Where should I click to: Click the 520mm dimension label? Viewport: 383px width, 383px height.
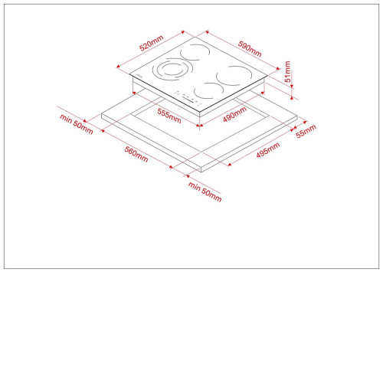click(152, 43)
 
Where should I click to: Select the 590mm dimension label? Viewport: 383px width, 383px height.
click(250, 49)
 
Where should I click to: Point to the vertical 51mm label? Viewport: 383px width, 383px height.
click(287, 71)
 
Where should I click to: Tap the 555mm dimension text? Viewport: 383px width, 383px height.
click(169, 116)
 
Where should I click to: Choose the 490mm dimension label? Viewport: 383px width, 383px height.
click(234, 114)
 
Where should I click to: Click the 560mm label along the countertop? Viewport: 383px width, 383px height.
click(136, 154)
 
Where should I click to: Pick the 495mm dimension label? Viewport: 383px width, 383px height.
click(268, 150)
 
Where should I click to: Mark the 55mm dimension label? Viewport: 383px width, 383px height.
click(306, 131)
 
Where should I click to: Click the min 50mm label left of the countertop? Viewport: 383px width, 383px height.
click(77, 124)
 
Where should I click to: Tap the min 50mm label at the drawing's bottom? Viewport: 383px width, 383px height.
click(205, 191)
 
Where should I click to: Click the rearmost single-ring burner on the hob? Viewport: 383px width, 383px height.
click(195, 52)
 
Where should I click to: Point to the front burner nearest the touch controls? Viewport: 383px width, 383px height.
click(208, 91)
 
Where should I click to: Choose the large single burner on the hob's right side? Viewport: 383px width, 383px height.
click(234, 76)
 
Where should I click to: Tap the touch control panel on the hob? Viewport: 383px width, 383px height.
click(188, 98)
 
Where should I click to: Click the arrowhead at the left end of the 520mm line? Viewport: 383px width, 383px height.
click(118, 67)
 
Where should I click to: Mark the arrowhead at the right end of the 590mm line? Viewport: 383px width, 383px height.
click(278, 68)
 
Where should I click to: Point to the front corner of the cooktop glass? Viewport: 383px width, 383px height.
click(199, 112)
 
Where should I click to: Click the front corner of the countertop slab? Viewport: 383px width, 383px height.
click(201, 168)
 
